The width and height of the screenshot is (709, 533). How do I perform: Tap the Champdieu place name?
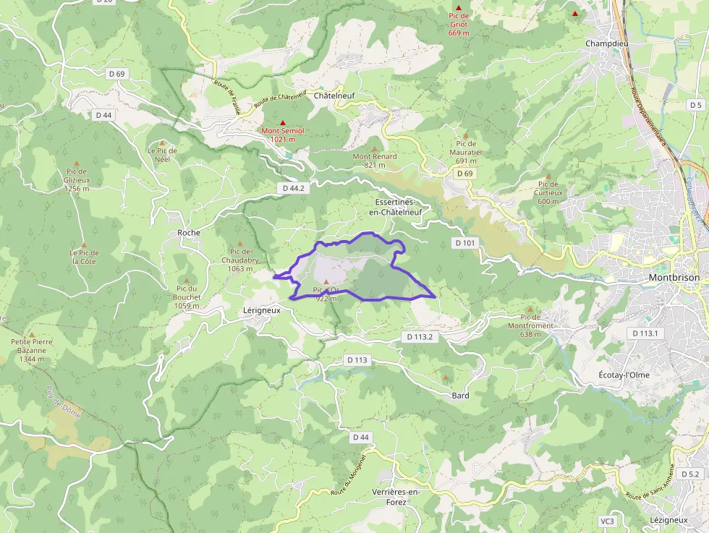606,43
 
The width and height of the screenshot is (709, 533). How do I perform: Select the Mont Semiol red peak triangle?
283,122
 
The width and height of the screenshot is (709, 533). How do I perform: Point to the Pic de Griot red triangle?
458,8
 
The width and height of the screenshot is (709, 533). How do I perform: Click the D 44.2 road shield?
294,188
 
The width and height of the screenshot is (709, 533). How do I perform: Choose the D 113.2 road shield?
420,337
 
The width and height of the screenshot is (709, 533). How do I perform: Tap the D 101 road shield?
465,243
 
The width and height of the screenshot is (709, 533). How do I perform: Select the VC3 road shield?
607,521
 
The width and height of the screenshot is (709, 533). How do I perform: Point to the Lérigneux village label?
261,309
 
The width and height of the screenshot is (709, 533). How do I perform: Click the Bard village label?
460,396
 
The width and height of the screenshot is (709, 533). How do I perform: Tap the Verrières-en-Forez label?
396,497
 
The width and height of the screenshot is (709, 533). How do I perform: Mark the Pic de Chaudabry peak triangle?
240,243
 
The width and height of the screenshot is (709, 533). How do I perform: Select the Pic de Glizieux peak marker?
76,163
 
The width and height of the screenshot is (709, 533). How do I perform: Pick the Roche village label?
189,233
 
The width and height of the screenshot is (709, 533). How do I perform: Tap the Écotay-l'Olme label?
624,375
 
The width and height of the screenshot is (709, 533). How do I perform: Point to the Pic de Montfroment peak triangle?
530,307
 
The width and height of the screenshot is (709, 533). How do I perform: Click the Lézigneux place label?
668,520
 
